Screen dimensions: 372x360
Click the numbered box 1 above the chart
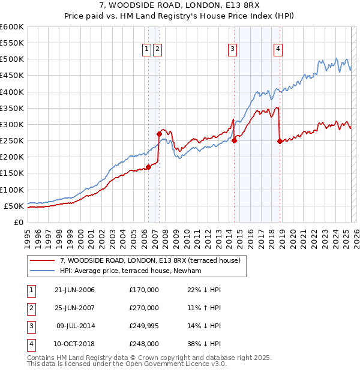click(x=147, y=50)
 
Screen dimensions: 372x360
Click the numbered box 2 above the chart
click(x=157, y=50)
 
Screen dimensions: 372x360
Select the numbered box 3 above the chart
click(x=232, y=50)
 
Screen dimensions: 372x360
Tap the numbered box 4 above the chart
click(x=279, y=50)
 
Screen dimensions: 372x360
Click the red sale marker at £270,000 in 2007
click(x=159, y=134)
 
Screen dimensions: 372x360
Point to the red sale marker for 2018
click(x=280, y=142)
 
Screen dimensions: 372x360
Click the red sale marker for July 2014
click(x=235, y=141)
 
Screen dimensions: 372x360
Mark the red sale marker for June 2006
click(x=148, y=167)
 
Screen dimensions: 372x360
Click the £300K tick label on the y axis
click(x=11, y=124)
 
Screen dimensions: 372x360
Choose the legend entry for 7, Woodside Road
click(x=150, y=260)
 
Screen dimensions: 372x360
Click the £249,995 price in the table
click(x=144, y=326)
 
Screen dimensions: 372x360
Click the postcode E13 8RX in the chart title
click(x=242, y=6)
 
